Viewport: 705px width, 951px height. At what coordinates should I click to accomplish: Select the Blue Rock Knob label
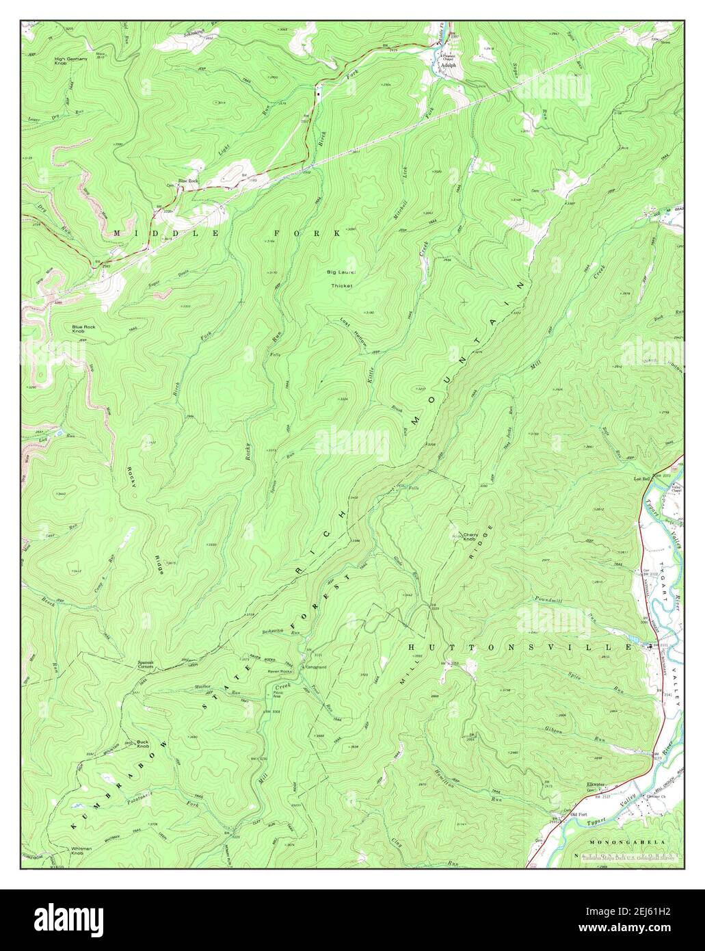(x=87, y=330)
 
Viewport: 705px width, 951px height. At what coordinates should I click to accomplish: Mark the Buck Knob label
(x=142, y=744)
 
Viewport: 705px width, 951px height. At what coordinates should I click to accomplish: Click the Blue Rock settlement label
(x=187, y=181)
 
